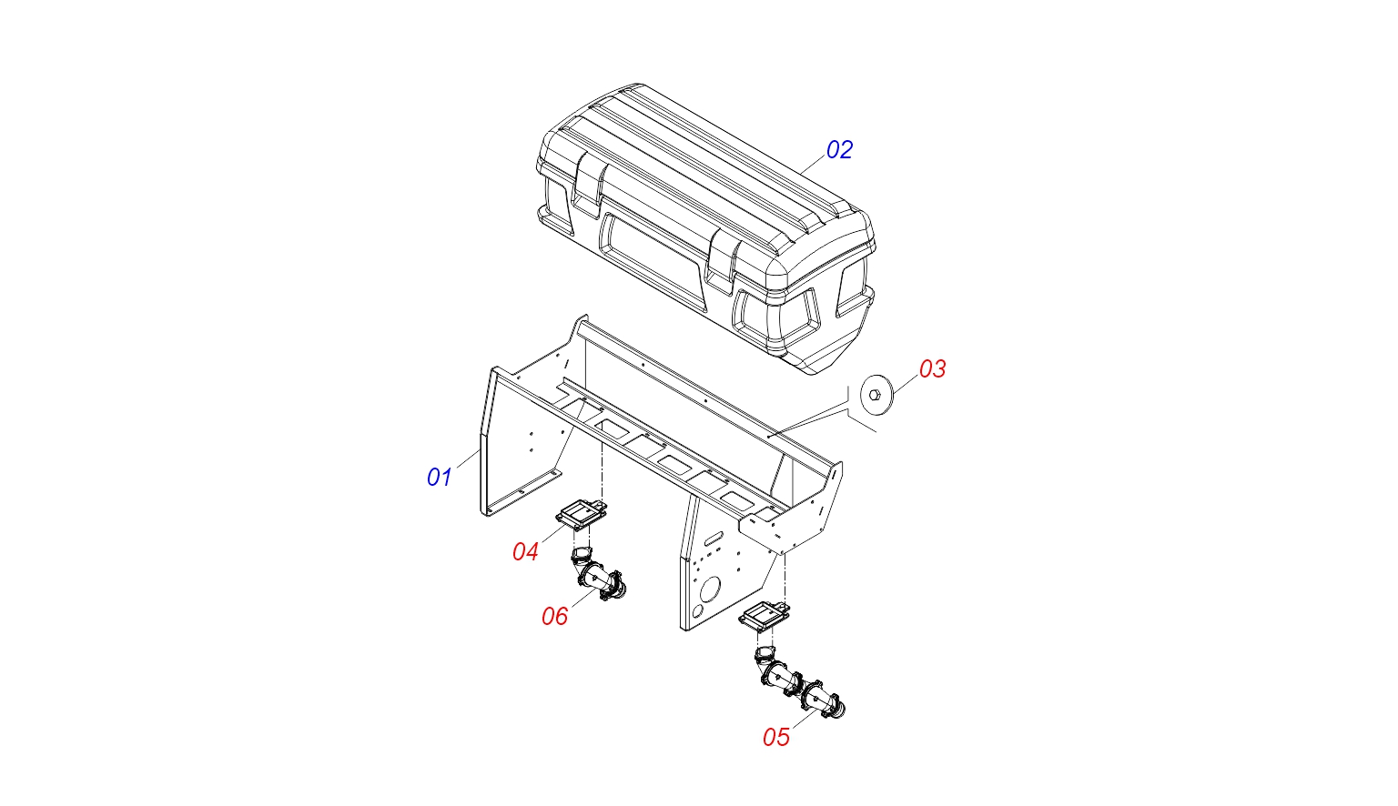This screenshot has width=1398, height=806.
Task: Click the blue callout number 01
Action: (440, 478)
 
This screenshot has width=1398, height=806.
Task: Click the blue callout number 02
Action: (839, 150)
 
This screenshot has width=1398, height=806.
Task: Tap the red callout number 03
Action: (932, 368)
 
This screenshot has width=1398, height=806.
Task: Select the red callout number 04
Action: (525, 551)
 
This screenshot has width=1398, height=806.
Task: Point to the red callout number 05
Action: (776, 738)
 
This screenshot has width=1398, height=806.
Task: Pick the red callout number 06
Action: (555, 617)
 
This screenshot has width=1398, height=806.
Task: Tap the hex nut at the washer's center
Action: (875, 395)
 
